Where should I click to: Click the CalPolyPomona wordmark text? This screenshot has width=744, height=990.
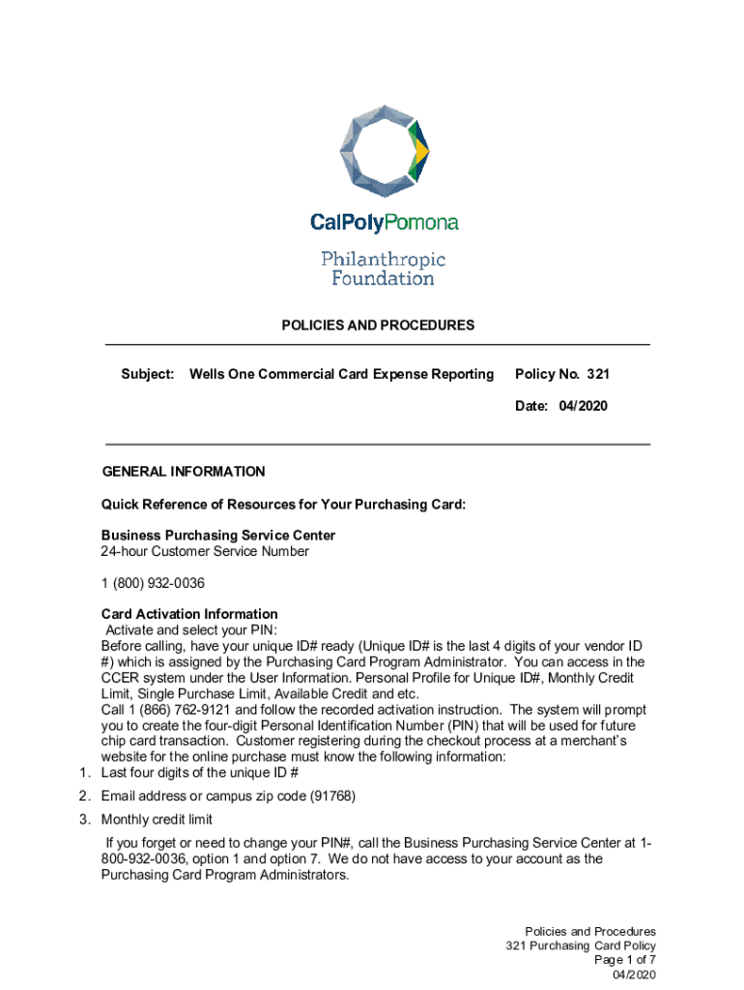[x=384, y=223]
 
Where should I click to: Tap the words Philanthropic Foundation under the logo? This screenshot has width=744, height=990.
[x=383, y=269]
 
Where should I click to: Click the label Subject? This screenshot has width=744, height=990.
[x=147, y=374]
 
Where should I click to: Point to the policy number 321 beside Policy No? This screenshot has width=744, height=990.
[x=597, y=374]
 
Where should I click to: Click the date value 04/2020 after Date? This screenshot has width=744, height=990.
[x=583, y=406]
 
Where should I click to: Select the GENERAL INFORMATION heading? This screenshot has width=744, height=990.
[x=184, y=472]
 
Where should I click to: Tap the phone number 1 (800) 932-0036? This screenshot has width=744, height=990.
[x=153, y=583]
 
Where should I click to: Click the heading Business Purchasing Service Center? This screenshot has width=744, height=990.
[x=218, y=536]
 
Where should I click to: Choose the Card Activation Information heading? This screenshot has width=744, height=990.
[x=189, y=614]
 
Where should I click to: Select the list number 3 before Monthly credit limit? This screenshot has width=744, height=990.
[x=84, y=820]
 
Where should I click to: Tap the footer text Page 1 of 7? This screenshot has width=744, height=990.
[x=625, y=960]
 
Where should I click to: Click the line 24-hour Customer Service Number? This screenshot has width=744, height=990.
[x=205, y=551]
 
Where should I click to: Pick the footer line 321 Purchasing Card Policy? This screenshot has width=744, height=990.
[x=581, y=946]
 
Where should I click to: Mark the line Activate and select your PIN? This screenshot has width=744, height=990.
[x=184, y=630]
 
